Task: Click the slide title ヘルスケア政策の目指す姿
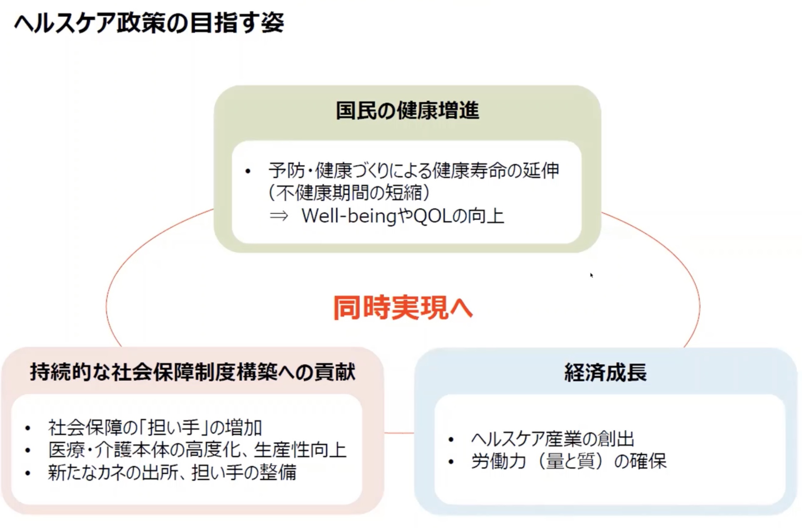pyautogui.click(x=149, y=23)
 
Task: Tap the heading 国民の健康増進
pyautogui.click(x=407, y=110)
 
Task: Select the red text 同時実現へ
pyautogui.click(x=403, y=308)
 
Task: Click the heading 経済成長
pyautogui.click(x=605, y=373)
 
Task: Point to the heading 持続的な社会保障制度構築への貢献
pyautogui.click(x=193, y=372)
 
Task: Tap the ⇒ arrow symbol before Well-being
pyautogui.click(x=279, y=216)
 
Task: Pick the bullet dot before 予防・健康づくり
pyautogui.click(x=248, y=171)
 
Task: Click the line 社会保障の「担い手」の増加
pyautogui.click(x=155, y=428)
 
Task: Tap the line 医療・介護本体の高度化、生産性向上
pyautogui.click(x=197, y=450)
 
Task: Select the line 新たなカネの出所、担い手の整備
pyautogui.click(x=172, y=473)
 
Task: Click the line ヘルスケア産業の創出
pyautogui.click(x=553, y=439)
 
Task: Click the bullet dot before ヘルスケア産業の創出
pyautogui.click(x=451, y=439)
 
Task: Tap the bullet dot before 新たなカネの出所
pyautogui.click(x=28, y=473)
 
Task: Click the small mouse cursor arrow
pyautogui.click(x=591, y=275)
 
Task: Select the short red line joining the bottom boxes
pyautogui.click(x=399, y=433)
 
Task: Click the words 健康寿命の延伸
pyautogui.click(x=496, y=170)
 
